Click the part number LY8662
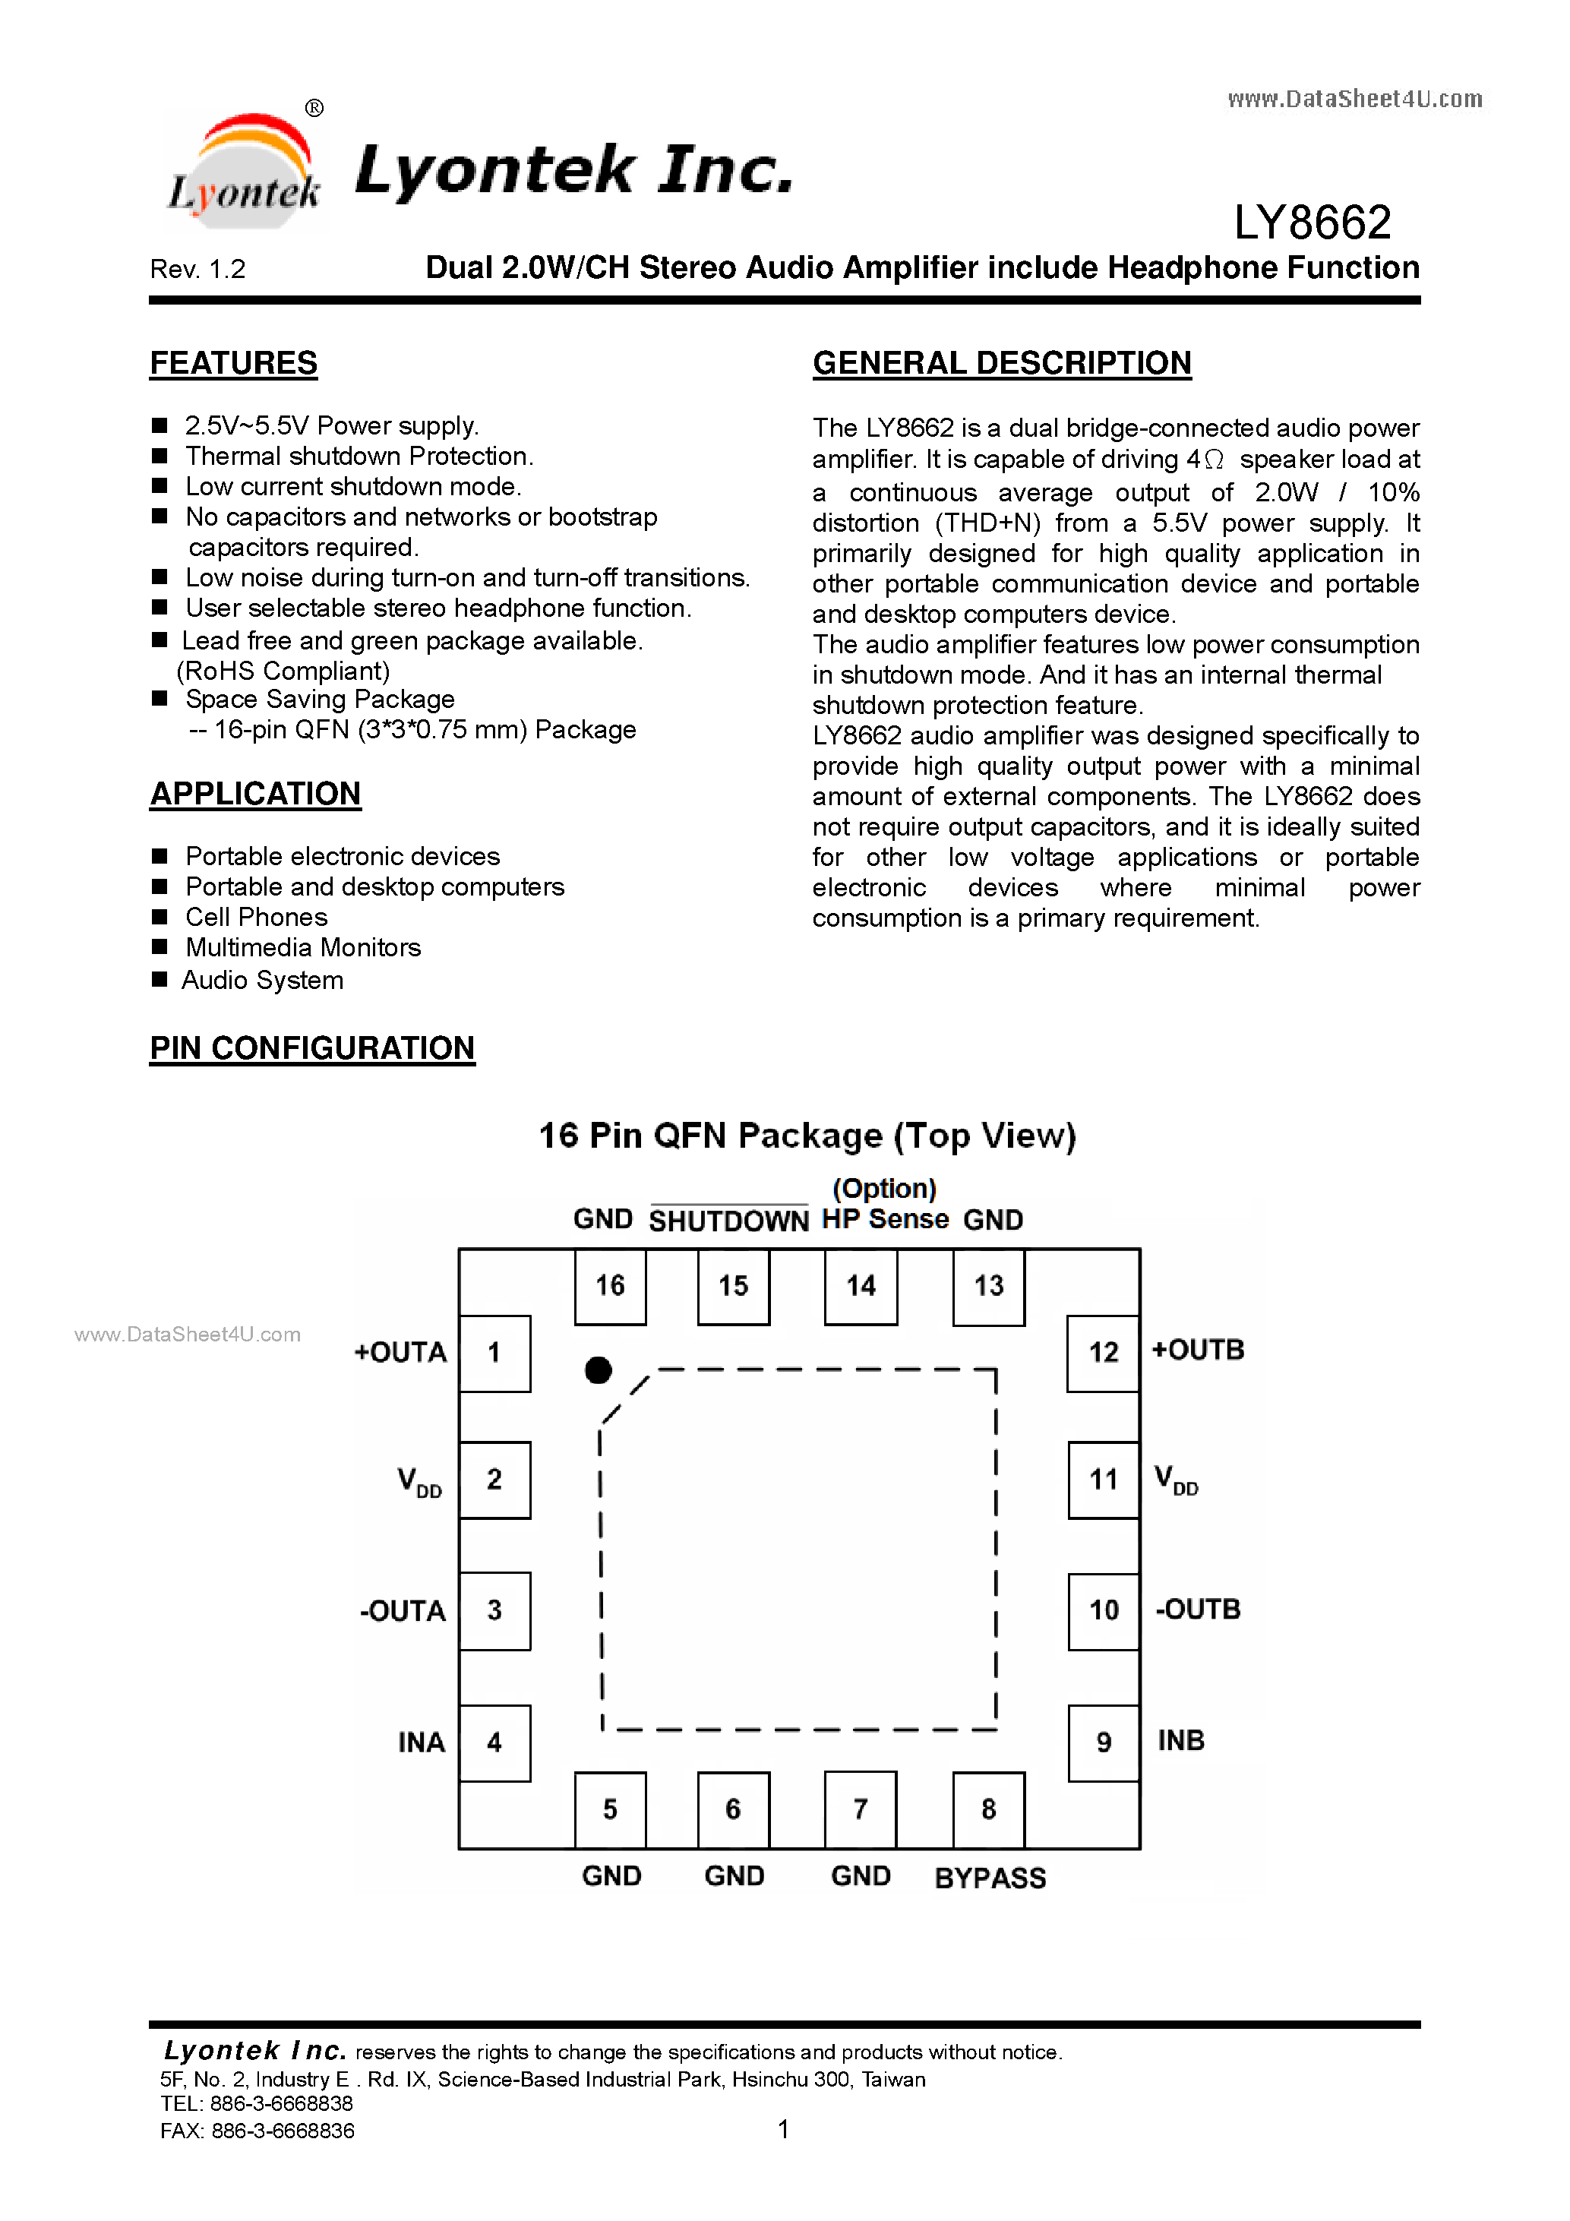tap(1312, 223)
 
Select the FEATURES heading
tap(233, 364)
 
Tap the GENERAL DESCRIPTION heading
tap(1001, 364)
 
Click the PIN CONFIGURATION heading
tap(311, 1048)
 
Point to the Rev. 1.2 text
tap(197, 269)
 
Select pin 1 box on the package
tap(494, 1352)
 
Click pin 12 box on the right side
tap(1103, 1352)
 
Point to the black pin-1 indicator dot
tap(599, 1370)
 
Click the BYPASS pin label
tap(990, 1878)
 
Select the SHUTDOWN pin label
tap(728, 1221)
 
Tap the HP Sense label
tap(885, 1219)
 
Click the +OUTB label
tap(1198, 1351)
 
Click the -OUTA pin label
tap(403, 1610)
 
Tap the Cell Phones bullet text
tap(256, 917)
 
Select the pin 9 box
tap(1103, 1742)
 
